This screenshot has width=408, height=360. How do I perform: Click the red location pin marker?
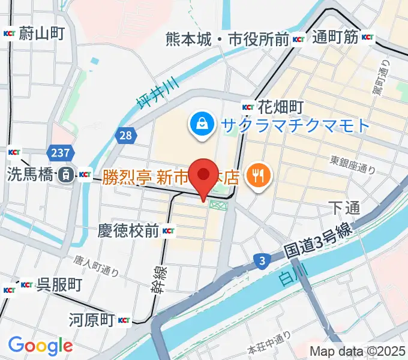203,175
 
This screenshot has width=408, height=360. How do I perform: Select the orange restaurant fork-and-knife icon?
259,175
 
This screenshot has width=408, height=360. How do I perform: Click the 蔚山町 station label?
41,34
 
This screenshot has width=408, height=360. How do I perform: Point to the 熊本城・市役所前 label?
228,40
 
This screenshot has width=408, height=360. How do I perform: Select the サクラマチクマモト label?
295,125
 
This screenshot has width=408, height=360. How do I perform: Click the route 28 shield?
125,136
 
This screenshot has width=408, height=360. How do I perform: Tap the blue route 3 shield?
262,260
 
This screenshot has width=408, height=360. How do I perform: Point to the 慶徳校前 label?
129,230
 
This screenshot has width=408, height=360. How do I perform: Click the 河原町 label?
91,319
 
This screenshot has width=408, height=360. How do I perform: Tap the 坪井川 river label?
155,93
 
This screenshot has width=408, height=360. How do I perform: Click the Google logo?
40,346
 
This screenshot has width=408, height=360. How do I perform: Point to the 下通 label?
344,208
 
